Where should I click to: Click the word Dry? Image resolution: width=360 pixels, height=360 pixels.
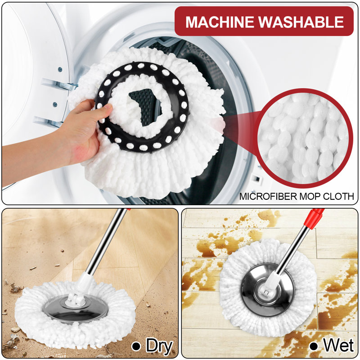coord(159,346)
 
